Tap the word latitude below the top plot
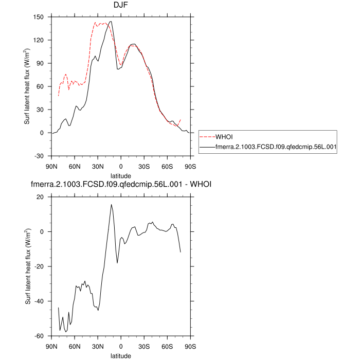coord(121,175)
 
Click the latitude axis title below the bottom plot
coord(121,355)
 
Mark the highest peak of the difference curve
coord(111,205)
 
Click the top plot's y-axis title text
coord(27,86)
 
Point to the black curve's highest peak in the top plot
coord(111,22)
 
